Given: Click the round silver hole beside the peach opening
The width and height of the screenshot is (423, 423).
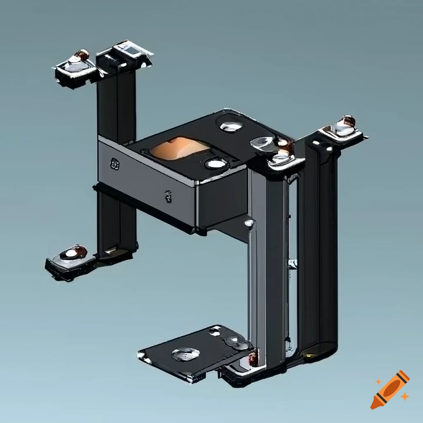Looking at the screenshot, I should (x=216, y=164).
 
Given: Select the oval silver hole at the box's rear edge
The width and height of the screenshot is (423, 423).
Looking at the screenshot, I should (x=231, y=126).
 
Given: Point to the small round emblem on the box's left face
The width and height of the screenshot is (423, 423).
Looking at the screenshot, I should (x=114, y=164).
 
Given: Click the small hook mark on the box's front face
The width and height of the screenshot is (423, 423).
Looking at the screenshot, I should (x=168, y=196).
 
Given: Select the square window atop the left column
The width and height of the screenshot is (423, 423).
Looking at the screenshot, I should (x=131, y=51).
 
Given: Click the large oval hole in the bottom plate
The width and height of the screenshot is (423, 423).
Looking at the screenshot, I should (x=185, y=354).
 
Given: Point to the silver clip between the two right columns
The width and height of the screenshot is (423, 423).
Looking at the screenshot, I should (x=292, y=264).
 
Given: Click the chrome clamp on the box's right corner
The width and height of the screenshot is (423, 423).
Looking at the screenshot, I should (x=277, y=151).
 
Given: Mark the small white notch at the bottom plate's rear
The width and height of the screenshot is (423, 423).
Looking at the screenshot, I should (x=215, y=330).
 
